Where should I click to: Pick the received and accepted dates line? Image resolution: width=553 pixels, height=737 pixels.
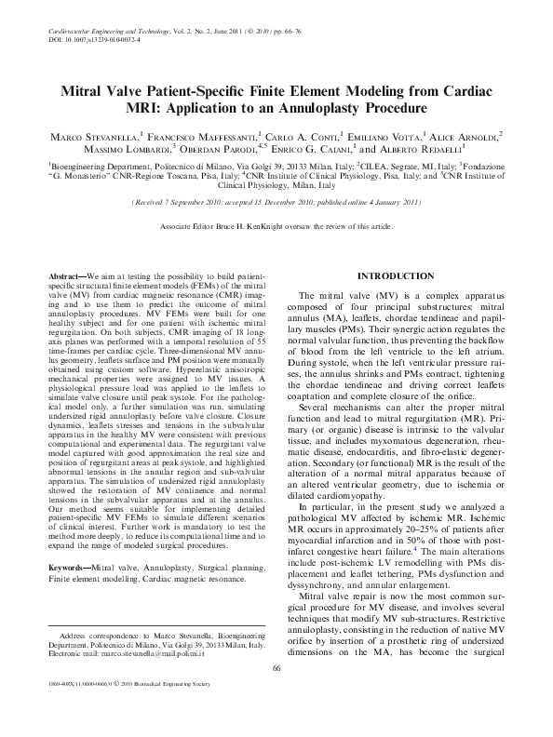coord(276,200)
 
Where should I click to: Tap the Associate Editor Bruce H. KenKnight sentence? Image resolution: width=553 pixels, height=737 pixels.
coord(276,226)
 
